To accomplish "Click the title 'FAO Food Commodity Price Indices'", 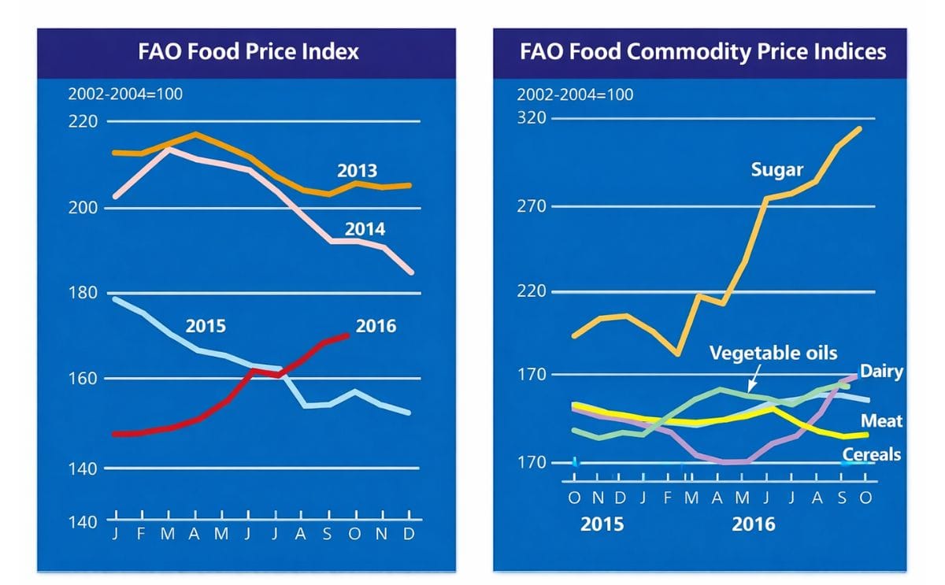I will point(702,52).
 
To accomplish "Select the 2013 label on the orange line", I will point(357,171).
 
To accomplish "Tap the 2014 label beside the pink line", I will point(365,229).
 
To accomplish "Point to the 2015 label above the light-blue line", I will point(206,325).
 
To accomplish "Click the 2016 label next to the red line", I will point(376,325).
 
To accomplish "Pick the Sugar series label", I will point(776,169).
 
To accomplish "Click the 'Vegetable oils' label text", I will point(773,352).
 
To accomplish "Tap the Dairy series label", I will point(881,372).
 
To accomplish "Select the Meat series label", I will point(881,421).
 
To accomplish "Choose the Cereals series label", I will point(871,454).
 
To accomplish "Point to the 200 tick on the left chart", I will point(83,208).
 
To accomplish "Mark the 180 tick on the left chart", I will point(83,293).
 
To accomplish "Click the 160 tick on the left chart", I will point(83,379).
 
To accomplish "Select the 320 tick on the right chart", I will point(532,119).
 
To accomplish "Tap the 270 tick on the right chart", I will point(532,206).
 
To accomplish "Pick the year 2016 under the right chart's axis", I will point(753,524).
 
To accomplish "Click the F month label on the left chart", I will point(142,534).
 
